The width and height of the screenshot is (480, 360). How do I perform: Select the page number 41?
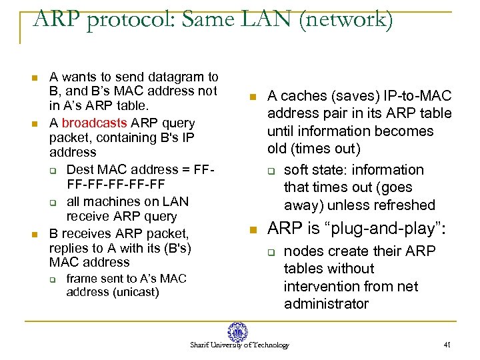pos(447,345)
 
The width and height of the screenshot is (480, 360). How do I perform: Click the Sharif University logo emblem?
pos(237,331)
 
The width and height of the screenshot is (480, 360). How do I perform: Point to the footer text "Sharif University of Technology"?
pos(239,345)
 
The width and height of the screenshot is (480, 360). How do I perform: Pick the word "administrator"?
pos(326,304)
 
